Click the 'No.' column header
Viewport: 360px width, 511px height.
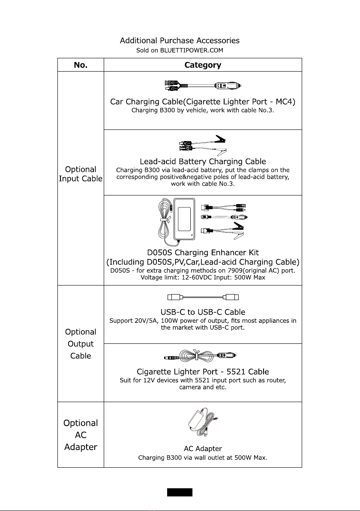81,65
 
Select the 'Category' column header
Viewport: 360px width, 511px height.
203,65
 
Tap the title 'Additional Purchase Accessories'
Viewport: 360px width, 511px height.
180,41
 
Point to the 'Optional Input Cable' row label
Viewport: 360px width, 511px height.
81,174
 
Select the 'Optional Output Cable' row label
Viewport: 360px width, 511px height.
81,344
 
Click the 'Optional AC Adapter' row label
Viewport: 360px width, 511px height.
81,435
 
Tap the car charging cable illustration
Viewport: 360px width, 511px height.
203,86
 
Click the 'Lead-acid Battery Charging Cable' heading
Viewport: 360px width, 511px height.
203,162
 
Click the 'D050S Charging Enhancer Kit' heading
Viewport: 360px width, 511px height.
203,252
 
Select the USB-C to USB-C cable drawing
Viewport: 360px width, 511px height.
203,297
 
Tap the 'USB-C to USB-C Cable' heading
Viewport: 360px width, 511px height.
203,312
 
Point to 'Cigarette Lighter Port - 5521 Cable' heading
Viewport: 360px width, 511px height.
203,371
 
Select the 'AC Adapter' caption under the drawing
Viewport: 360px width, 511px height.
203,449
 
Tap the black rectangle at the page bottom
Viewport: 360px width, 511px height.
180,492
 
